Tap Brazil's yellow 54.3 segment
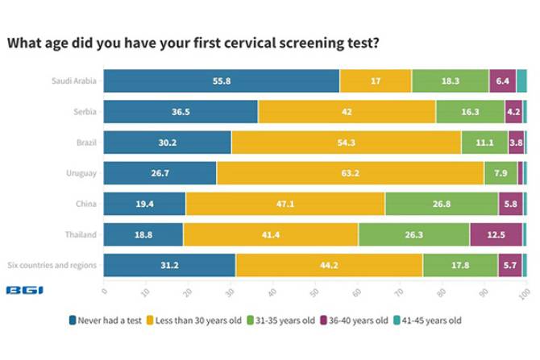tap(346, 143)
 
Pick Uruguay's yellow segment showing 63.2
tap(350, 173)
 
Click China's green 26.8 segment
tap(441, 204)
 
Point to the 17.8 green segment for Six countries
tap(459, 265)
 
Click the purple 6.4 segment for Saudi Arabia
tap(502, 81)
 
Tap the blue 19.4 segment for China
tap(144, 204)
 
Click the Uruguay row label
tap(81, 173)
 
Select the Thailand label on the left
tap(81, 234)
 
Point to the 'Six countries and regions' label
tap(52, 265)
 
